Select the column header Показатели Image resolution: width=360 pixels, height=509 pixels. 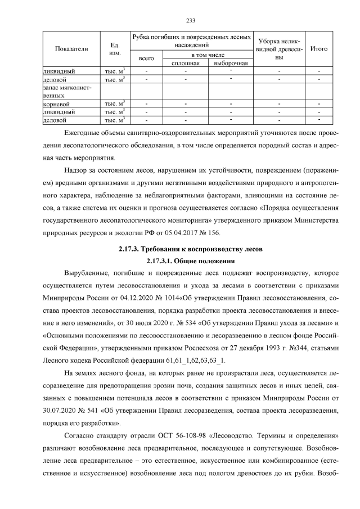pos(71,49)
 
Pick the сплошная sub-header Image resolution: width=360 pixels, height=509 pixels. pos(185,63)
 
